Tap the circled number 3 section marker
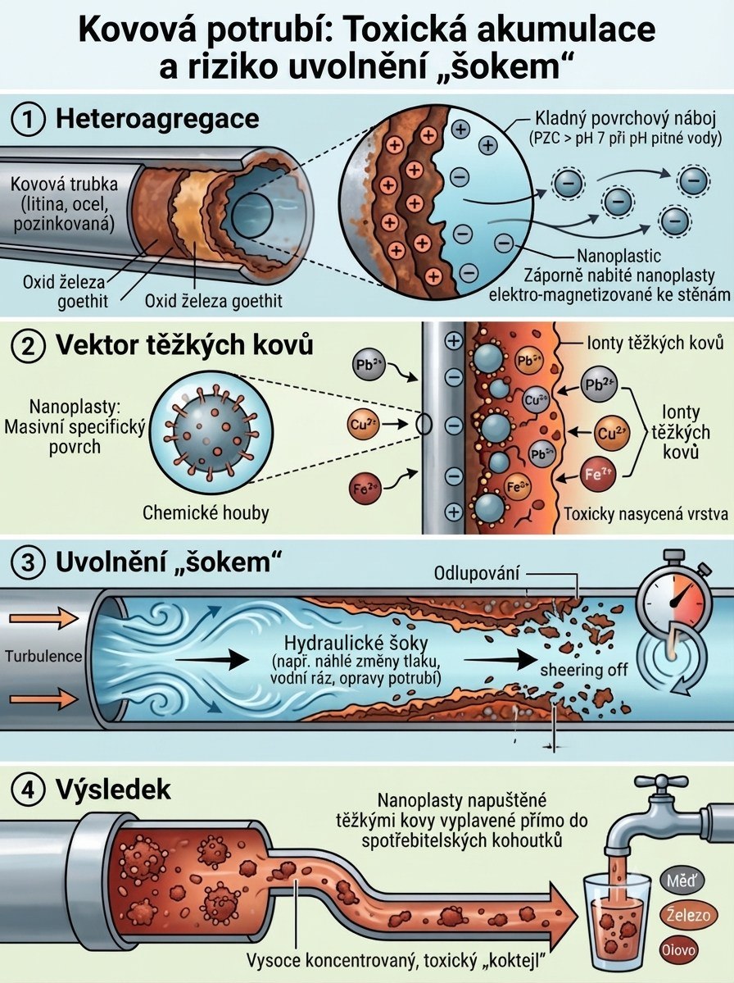(x=29, y=562)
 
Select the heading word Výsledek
(x=113, y=790)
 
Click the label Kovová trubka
(x=64, y=184)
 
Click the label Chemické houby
(x=206, y=512)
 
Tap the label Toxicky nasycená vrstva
(x=646, y=514)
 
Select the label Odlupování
(x=477, y=573)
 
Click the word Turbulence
(x=43, y=657)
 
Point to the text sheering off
(x=584, y=670)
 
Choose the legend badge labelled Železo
(x=687, y=915)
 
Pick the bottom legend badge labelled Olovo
(x=679, y=949)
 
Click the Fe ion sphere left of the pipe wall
(x=365, y=489)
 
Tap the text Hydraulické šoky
(x=356, y=644)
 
